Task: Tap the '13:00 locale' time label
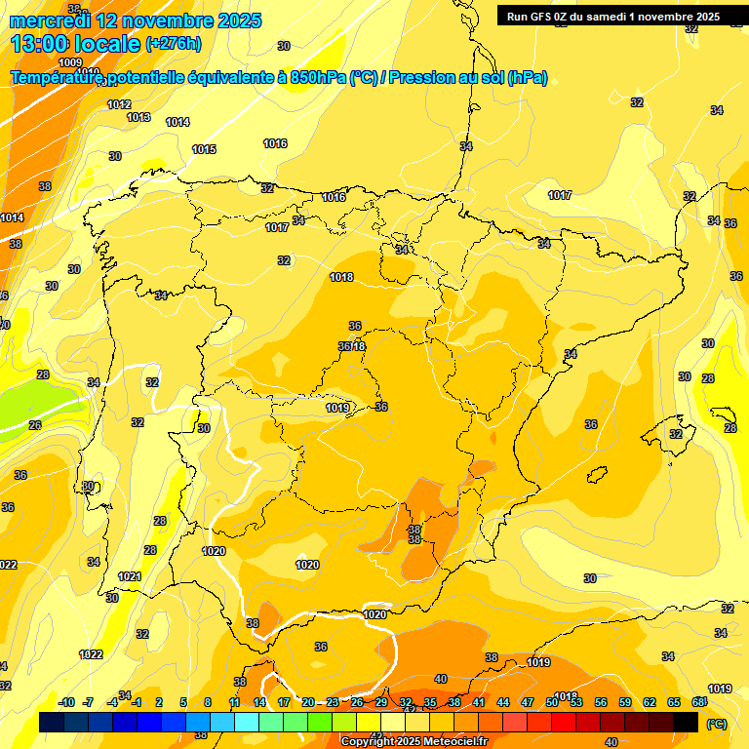(74, 44)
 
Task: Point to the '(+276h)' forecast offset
(174, 44)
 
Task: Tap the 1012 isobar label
(119, 104)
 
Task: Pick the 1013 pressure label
(138, 117)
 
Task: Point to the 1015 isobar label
(204, 149)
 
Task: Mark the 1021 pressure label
(130, 576)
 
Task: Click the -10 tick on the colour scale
(66, 702)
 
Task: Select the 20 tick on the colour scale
(307, 702)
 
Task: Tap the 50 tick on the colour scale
(552, 702)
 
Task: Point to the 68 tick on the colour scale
(698, 702)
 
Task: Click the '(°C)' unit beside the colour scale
(716, 723)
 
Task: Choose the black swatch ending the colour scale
(686, 723)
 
